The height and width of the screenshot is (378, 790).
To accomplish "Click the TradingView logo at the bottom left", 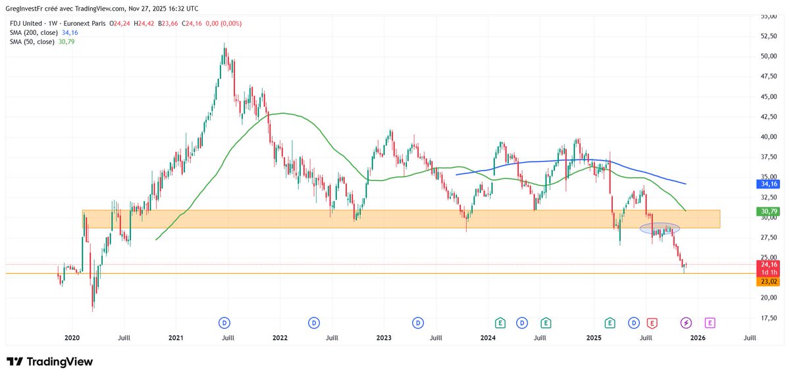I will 50,362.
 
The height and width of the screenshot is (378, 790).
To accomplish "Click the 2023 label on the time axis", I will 384,337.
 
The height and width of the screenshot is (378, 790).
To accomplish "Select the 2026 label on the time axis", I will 698,337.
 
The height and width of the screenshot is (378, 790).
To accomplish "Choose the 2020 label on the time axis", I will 71,337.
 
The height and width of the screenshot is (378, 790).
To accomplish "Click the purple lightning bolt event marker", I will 686,323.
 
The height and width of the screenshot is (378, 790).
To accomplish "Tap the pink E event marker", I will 710,323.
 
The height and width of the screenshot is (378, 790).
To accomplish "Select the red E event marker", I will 652,323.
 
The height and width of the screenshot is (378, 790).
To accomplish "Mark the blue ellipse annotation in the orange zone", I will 660,229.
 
